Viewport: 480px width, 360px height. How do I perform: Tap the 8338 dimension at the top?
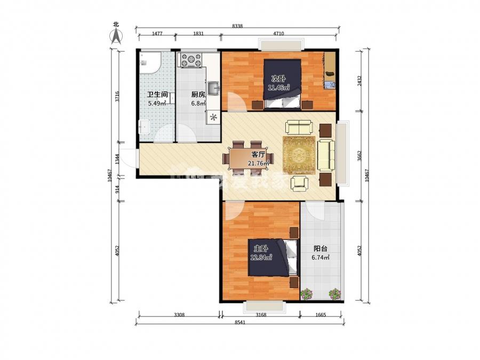tap(237, 26)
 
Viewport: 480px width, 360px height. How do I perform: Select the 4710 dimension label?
tap(278, 34)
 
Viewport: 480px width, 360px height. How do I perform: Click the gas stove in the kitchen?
tap(191, 60)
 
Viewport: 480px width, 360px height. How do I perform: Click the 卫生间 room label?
tap(157, 94)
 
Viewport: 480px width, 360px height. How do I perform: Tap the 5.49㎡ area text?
tap(157, 103)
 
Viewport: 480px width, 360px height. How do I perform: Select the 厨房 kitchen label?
tap(198, 94)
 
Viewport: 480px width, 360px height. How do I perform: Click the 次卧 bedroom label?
tap(278, 79)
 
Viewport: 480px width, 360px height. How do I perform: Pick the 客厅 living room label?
tap(258, 155)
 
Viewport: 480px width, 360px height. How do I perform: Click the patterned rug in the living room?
tap(299, 155)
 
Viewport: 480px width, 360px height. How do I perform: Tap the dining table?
tap(248, 158)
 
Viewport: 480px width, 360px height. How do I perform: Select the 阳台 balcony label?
tap(320, 249)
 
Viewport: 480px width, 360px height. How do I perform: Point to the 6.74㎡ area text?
tap(321, 258)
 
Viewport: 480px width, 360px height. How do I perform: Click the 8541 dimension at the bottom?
tap(241, 322)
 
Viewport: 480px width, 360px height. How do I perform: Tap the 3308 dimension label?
tap(179, 314)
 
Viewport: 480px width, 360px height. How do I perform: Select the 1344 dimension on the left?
tap(117, 159)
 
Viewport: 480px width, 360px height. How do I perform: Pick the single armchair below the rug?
tap(299, 183)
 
